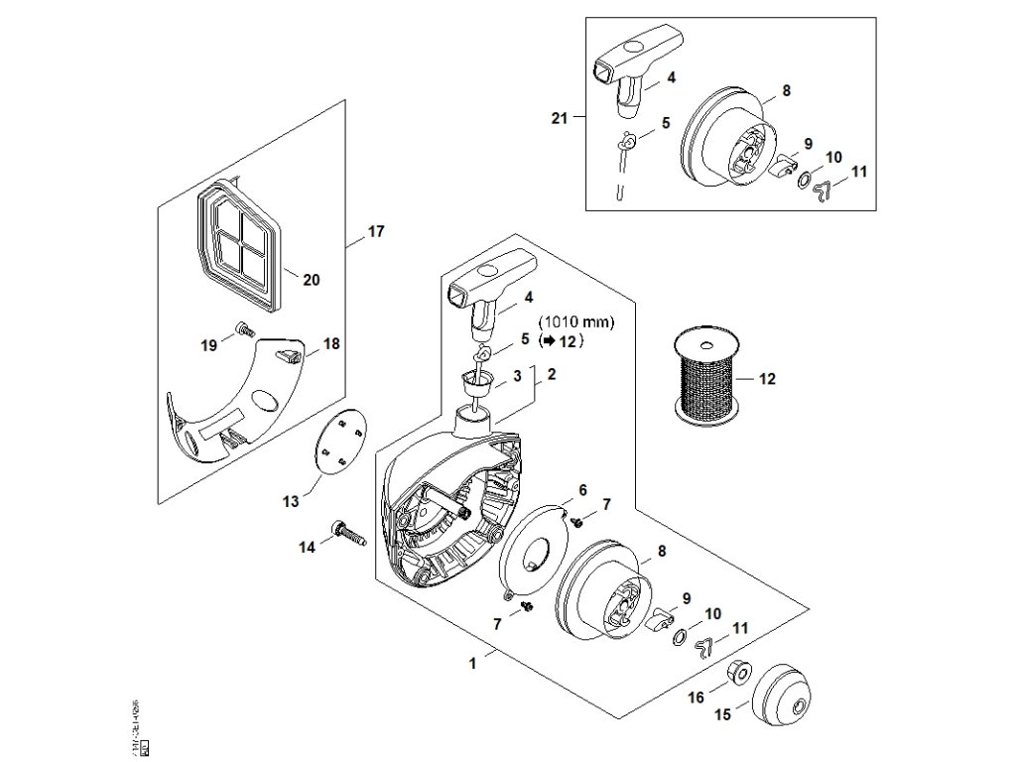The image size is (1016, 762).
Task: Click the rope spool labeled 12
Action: (705, 379)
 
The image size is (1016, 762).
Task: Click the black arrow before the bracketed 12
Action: (547, 340)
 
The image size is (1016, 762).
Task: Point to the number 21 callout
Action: (560, 119)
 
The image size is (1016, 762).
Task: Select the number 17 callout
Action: (375, 232)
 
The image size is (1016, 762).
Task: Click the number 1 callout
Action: (473, 660)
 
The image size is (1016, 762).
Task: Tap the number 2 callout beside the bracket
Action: (552, 375)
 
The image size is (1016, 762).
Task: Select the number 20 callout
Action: (311, 280)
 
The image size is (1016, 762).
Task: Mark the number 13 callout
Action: (291, 502)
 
